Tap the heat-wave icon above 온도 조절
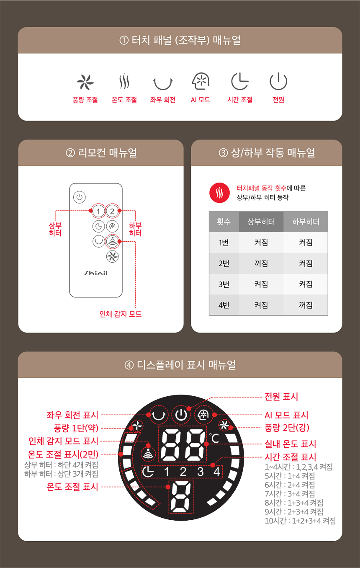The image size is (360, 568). pos(124,82)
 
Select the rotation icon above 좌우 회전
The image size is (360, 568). pos(163,82)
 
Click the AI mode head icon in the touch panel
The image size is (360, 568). pos(201,81)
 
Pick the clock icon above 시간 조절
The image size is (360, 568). pos(240,81)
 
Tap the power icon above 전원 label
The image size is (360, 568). pos(278,81)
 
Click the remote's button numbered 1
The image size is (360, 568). pos(98,211)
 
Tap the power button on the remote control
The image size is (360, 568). pos(80,197)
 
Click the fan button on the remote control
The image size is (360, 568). pos(112,256)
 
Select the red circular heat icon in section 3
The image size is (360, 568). pos(219,193)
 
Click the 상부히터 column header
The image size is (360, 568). pos(261,222)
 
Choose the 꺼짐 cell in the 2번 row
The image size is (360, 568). pos(261,263)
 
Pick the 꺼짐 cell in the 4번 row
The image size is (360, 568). pos(306,305)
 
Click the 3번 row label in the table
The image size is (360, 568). pos(224,284)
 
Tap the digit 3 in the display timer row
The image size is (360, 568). pos(201,472)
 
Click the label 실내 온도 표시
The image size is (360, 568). pos(290,444)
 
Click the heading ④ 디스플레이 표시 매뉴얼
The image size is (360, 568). pos(180,365)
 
